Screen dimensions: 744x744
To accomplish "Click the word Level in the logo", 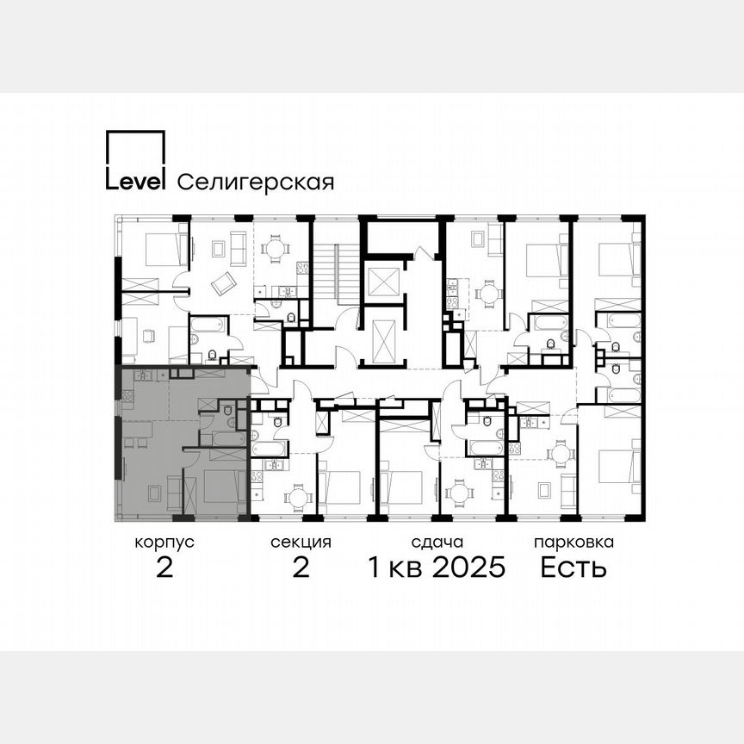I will (134, 181).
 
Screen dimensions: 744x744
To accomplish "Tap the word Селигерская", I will (255, 182).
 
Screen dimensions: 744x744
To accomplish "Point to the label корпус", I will (164, 542).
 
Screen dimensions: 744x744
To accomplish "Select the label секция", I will (301, 542).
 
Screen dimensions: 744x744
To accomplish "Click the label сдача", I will (437, 542).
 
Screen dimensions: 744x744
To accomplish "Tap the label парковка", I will (573, 542).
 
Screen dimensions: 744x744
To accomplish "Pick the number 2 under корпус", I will (164, 568).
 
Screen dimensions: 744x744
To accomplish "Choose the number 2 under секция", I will (301, 568).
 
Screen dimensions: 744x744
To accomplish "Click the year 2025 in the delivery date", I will (467, 568).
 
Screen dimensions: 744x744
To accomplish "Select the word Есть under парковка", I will (573, 568).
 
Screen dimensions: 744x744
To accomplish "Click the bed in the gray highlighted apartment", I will (223, 490).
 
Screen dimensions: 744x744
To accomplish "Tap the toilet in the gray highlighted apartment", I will (227, 412).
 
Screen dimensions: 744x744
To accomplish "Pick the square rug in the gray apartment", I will (153, 493).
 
